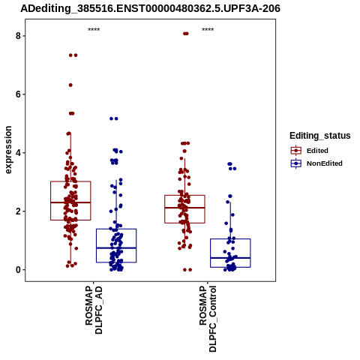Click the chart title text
click(150, 8)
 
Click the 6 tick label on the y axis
click(18, 94)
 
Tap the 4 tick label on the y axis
click(18, 153)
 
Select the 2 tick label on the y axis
click(18, 211)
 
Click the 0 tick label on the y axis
click(18, 270)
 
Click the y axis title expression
click(8, 150)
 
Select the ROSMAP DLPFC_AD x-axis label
click(94, 310)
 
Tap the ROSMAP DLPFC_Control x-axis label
click(208, 319)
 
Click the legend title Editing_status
click(319, 136)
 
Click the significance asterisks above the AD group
click(94, 29)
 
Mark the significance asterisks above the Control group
click(208, 29)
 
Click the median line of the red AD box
click(70, 202)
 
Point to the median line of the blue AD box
click(116, 247)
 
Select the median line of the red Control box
click(184, 208)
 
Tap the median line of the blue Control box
click(230, 258)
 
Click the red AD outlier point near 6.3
click(70, 85)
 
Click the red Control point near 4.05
click(184, 151)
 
